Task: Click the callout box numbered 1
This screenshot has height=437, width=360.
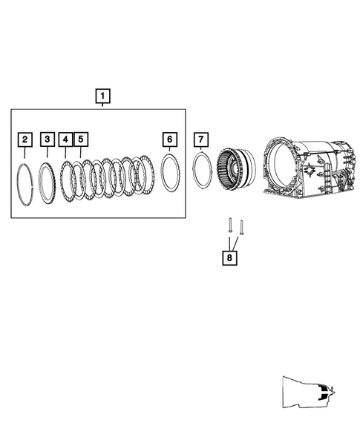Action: point(102,96)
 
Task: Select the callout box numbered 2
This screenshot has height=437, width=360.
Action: point(25,139)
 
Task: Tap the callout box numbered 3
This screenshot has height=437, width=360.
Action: point(47,139)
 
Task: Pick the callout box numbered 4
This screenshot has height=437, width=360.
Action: point(66,139)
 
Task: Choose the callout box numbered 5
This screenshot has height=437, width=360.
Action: point(81,139)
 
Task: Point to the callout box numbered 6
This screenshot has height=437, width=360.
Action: point(170,139)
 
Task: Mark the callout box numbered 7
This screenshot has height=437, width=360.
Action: point(200,139)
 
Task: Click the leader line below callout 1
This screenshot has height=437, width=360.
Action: point(102,107)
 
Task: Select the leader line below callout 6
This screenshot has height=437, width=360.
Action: point(170,150)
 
